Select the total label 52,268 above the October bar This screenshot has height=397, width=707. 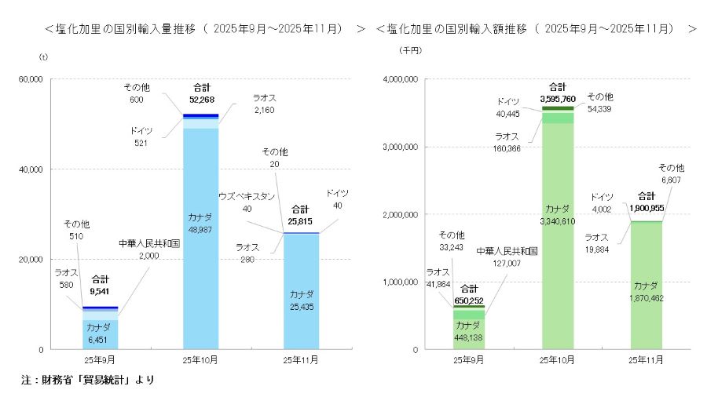point(201,100)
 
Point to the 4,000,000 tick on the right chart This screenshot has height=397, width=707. point(401,79)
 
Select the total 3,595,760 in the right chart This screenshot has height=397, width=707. point(558,99)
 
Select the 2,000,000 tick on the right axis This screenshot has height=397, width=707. point(401,214)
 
